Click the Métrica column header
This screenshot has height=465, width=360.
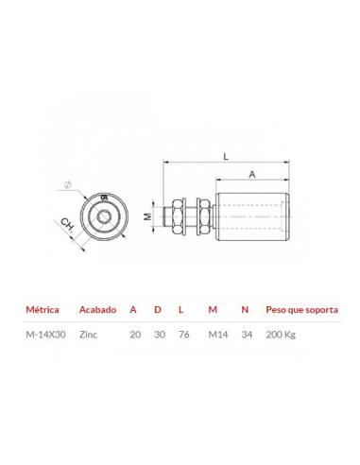43,309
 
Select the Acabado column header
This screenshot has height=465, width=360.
98,309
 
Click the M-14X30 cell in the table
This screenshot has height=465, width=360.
45,334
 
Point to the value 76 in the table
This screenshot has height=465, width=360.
184,334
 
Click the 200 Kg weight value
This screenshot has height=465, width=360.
281,334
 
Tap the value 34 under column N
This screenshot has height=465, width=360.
248,334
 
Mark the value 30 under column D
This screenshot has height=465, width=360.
159,334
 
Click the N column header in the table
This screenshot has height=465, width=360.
246,309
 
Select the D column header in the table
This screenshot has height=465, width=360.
158,309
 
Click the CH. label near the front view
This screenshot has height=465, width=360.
68,227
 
